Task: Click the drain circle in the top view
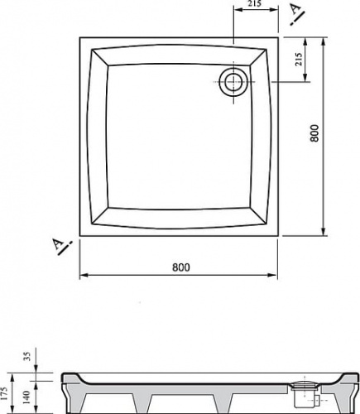(234, 82)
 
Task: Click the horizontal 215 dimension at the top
(254, 4)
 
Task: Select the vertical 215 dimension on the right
(299, 59)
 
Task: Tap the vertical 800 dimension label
(314, 133)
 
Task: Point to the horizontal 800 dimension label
(181, 267)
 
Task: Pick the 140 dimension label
(26, 397)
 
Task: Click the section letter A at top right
(295, 9)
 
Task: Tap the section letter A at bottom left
(58, 244)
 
